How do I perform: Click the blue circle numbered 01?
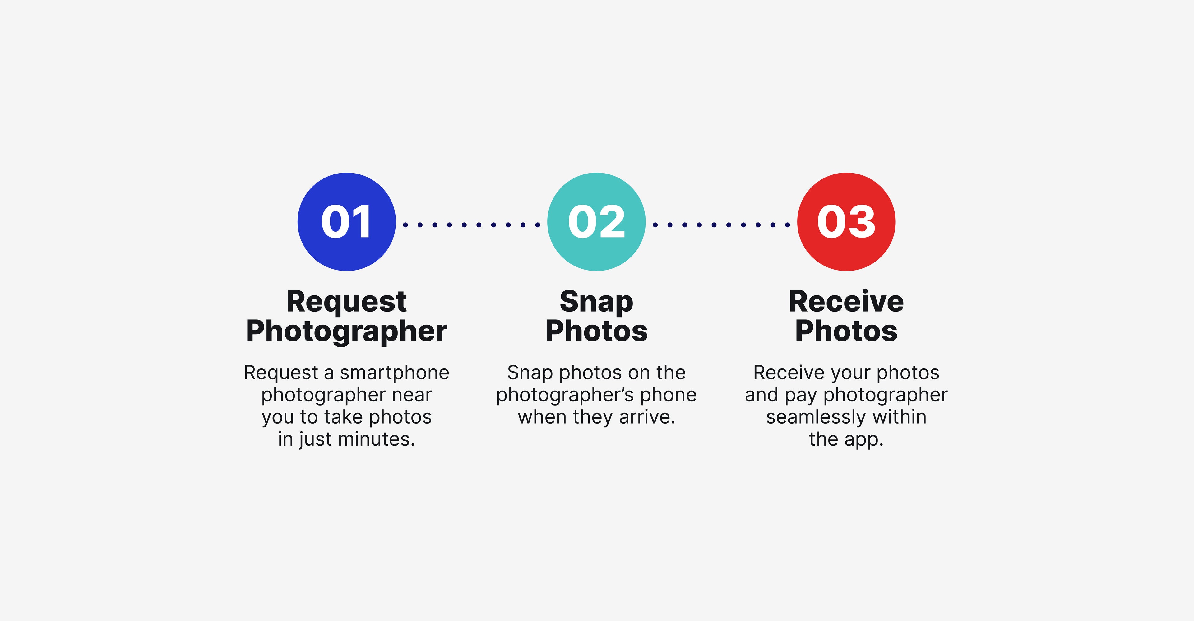pyautogui.click(x=347, y=222)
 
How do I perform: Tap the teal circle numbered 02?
pyautogui.click(x=597, y=222)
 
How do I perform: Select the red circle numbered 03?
pyautogui.click(x=846, y=222)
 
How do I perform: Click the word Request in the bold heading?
pyautogui.click(x=347, y=302)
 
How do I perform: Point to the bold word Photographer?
pyautogui.click(x=347, y=332)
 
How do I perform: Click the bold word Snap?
pyautogui.click(x=597, y=302)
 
